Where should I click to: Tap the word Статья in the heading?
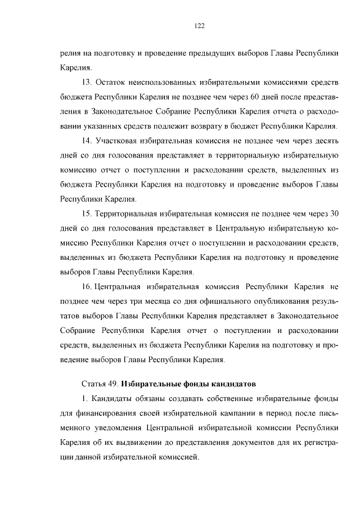point(94,385)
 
